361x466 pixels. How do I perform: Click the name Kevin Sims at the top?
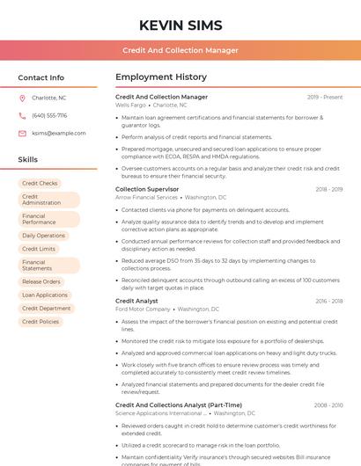click(180, 25)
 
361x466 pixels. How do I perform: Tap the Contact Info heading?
click(41, 77)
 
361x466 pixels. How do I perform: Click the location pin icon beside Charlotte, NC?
click(22, 98)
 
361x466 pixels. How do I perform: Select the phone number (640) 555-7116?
click(49, 115)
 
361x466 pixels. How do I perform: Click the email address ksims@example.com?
click(53, 133)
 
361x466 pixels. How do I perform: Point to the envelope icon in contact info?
click(22, 133)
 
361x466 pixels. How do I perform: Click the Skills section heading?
click(28, 160)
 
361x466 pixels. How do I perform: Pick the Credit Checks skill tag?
click(40, 183)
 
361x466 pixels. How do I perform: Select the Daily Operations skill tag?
click(43, 236)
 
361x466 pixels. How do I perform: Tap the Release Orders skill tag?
click(41, 281)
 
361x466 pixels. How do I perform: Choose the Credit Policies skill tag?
click(41, 322)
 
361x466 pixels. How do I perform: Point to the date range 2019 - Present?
click(325, 97)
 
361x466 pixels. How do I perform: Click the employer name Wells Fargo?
click(132, 105)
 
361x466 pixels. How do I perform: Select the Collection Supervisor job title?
click(147, 189)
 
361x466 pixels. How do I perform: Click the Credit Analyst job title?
click(136, 301)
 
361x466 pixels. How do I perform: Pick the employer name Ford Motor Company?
click(143, 309)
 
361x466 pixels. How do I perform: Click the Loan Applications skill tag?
click(45, 295)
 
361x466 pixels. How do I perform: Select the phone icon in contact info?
click(22, 115)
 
